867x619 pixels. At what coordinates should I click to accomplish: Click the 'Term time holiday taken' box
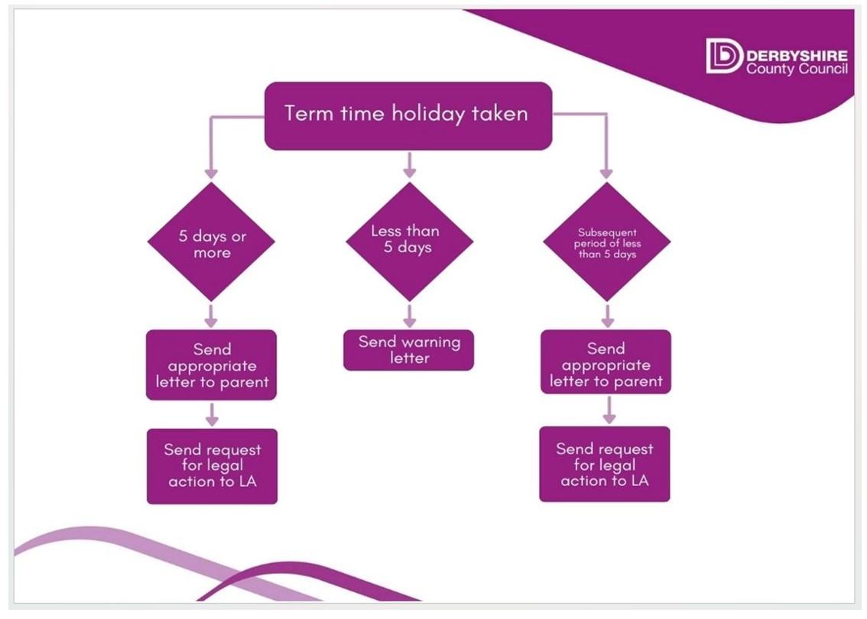click(x=408, y=116)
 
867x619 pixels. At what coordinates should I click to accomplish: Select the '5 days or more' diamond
click(x=211, y=242)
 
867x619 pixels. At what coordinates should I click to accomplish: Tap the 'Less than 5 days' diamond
click(x=409, y=242)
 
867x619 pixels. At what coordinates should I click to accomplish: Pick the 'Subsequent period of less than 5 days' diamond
click(x=606, y=242)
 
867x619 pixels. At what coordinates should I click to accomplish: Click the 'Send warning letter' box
click(x=408, y=351)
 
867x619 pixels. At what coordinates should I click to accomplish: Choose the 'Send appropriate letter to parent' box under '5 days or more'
click(x=211, y=365)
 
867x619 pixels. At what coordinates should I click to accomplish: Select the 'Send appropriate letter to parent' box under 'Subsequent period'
click(x=606, y=362)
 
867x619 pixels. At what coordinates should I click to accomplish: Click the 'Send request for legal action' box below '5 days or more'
click(x=212, y=466)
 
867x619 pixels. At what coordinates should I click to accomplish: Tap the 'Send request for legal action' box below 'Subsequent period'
click(x=605, y=465)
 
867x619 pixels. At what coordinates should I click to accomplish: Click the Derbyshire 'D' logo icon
click(x=724, y=56)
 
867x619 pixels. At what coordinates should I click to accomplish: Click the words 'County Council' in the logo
click(x=797, y=69)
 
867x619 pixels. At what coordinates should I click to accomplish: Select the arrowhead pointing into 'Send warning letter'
click(x=409, y=322)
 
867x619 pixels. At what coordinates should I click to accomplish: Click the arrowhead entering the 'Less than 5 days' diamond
click(x=409, y=173)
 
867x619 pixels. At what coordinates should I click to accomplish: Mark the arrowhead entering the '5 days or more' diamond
click(x=211, y=173)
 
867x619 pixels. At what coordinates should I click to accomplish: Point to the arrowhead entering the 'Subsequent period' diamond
click(x=606, y=173)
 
